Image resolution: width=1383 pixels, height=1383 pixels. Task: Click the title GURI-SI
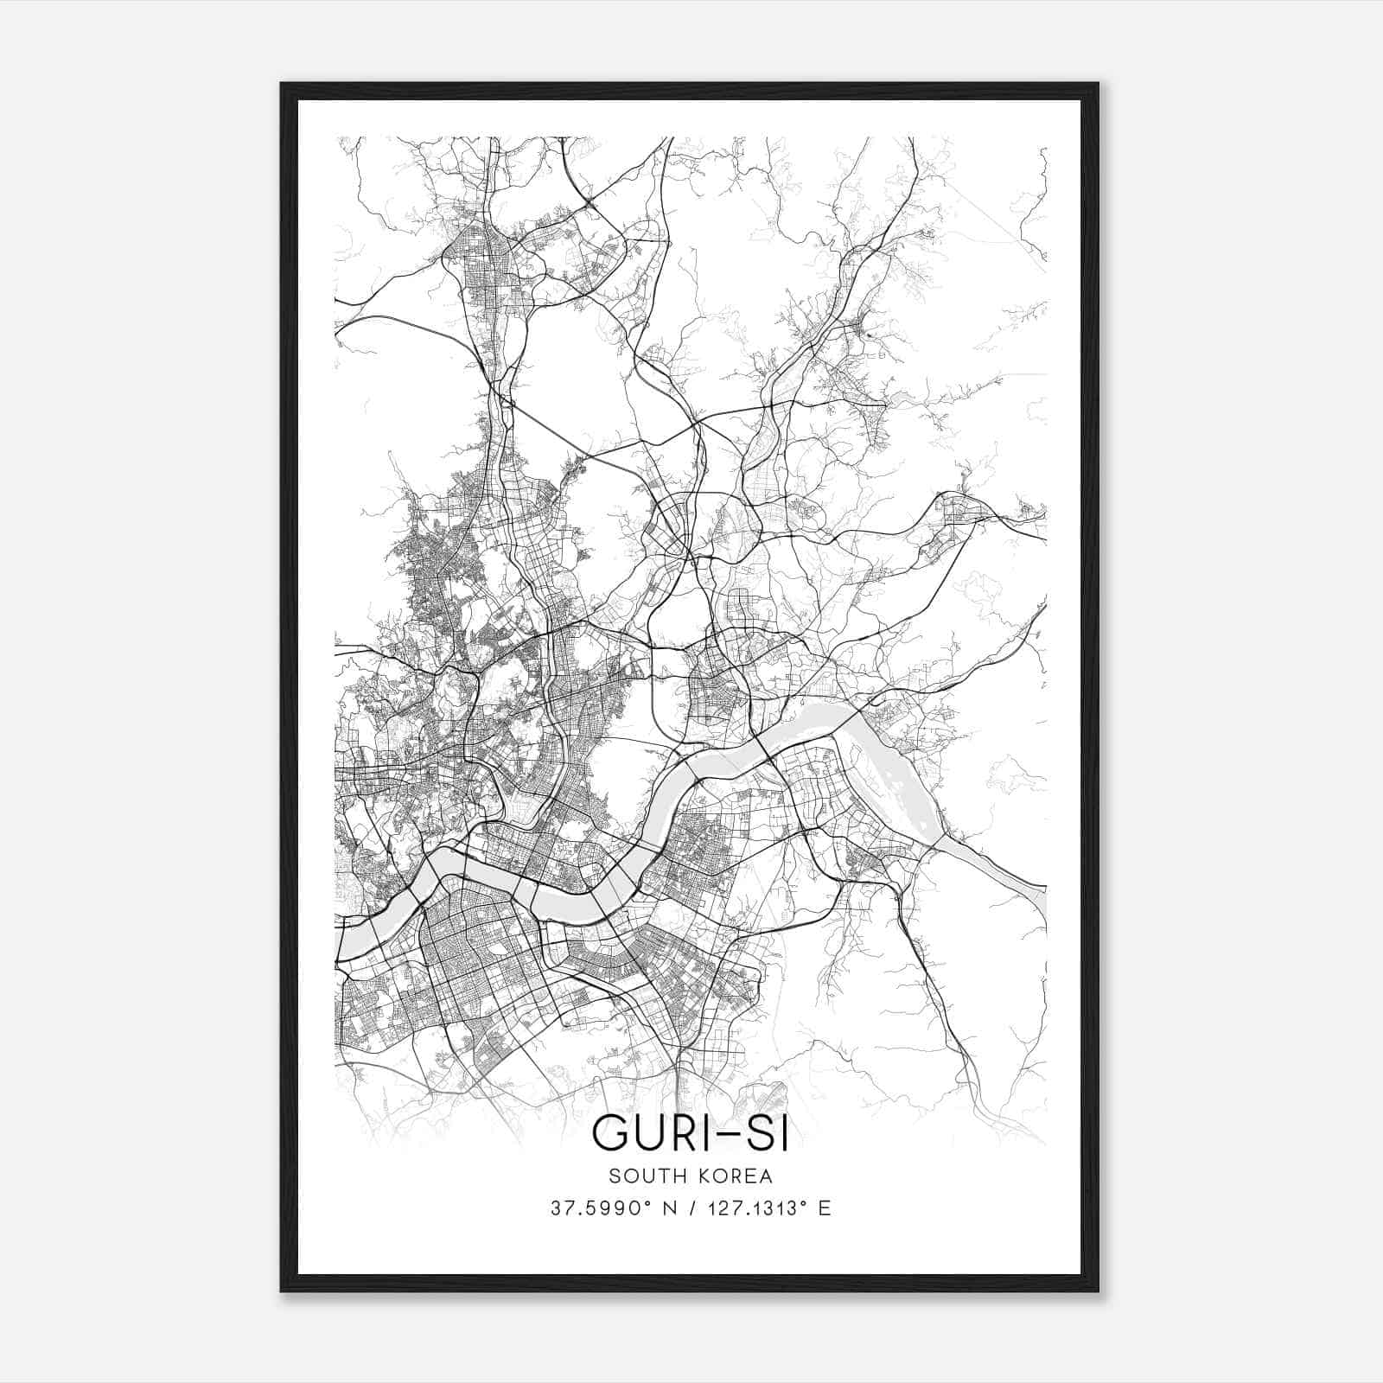tap(690, 1133)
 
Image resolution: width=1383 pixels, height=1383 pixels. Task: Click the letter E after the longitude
tap(825, 1208)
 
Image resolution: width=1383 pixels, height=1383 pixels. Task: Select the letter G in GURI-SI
tap(611, 1133)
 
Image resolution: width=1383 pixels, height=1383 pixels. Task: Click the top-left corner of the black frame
tap(282, 84)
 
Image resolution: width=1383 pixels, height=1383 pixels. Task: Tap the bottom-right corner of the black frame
tap(1098, 1291)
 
